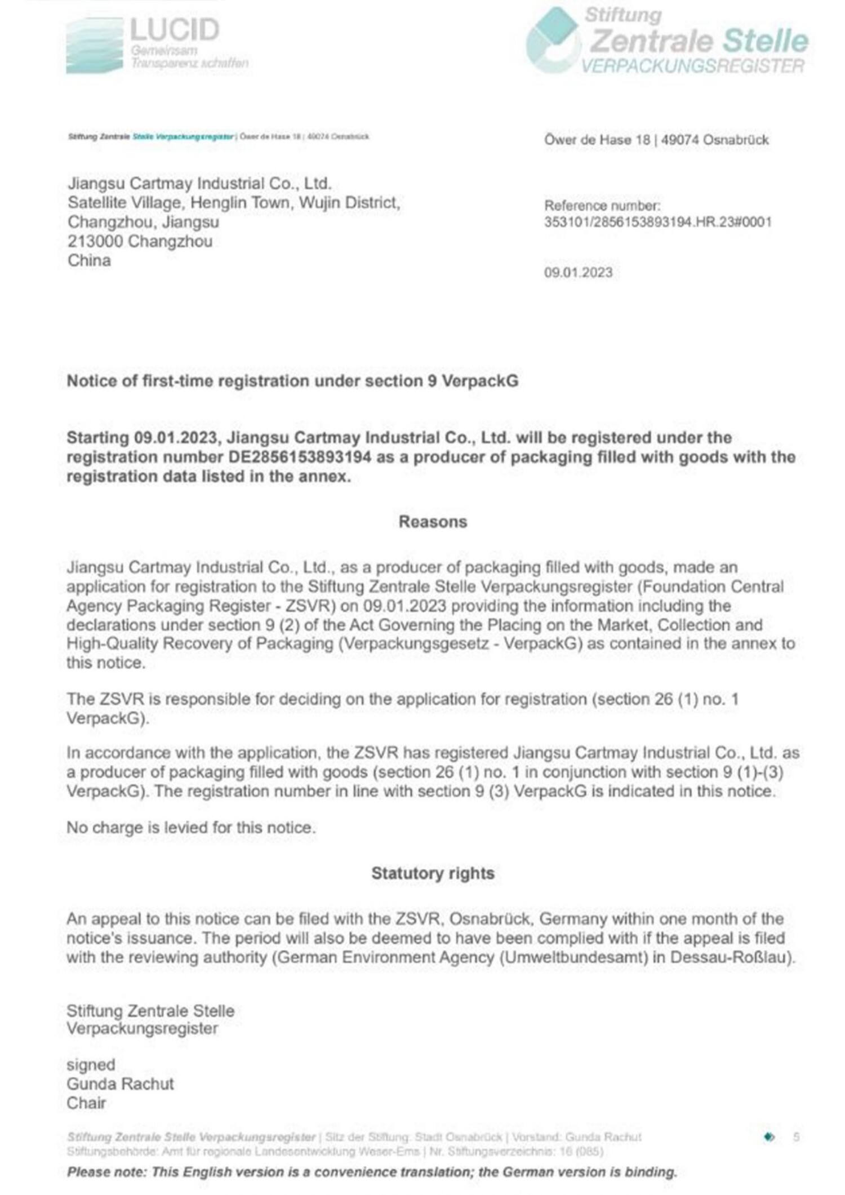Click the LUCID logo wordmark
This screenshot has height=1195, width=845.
tap(174, 29)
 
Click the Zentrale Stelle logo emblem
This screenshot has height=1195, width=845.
tap(553, 41)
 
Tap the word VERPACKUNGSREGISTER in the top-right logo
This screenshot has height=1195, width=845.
tap(692, 66)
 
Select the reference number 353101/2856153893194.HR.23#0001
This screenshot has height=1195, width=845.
tap(657, 222)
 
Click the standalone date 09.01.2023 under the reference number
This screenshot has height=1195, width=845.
tap(578, 273)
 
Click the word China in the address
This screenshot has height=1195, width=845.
tap(89, 261)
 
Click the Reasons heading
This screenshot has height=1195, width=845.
tap(433, 522)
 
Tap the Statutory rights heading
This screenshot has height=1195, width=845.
tap(433, 873)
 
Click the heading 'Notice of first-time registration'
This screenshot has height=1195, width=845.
tap(292, 381)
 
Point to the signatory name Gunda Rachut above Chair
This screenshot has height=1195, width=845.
tap(120, 1084)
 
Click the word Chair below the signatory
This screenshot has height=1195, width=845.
tap(86, 1103)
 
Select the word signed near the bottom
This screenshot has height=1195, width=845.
tap(91, 1065)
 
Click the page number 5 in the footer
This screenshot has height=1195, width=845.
tap(796, 1137)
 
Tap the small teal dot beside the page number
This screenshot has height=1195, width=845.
tap(769, 1137)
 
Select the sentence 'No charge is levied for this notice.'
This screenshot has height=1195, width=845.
tap(191, 828)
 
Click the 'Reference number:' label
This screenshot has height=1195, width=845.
tap(602, 206)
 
